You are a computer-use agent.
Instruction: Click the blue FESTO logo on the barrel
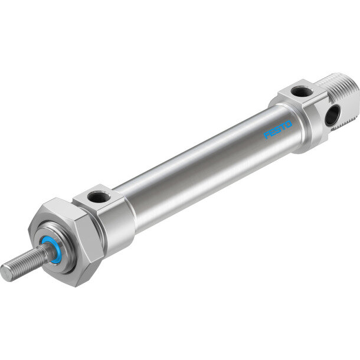278,129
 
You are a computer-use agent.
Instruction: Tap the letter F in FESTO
267,135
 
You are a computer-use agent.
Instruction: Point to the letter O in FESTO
289,124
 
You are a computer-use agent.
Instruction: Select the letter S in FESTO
277,130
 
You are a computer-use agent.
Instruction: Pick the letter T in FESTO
283,127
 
